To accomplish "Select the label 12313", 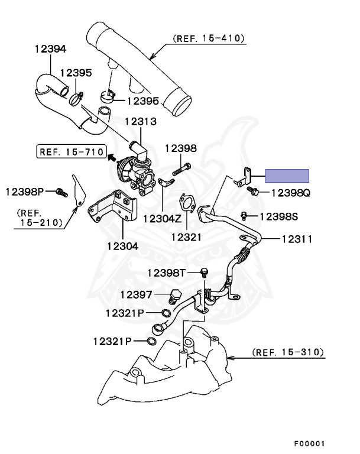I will point(140,122).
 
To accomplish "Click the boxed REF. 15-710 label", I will point(69,151).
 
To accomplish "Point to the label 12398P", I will point(25,192).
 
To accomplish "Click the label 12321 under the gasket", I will point(186,236).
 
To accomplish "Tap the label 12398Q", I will point(291,193).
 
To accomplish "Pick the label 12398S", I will point(278,216).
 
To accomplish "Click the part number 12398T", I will point(167,273).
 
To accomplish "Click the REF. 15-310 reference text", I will point(288,352).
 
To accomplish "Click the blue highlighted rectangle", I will point(287,175).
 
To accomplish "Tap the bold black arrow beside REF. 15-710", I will point(111,157).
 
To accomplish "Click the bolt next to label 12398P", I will point(59,192).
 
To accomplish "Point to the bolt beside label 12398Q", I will point(255,192).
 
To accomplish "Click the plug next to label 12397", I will point(175,295).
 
